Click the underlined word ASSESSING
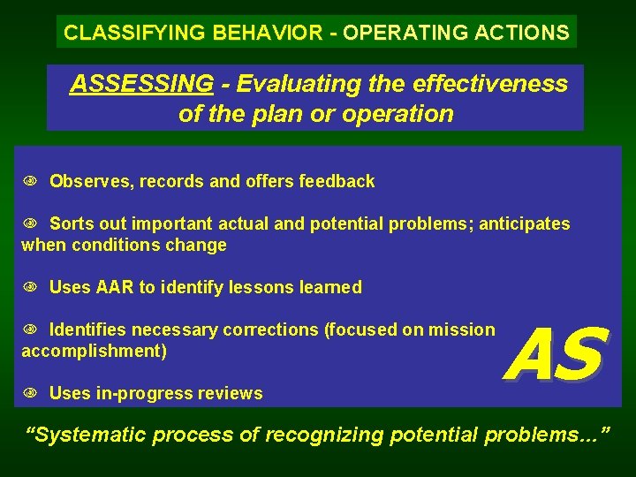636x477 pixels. coord(141,84)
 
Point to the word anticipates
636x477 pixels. coord(525,224)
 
